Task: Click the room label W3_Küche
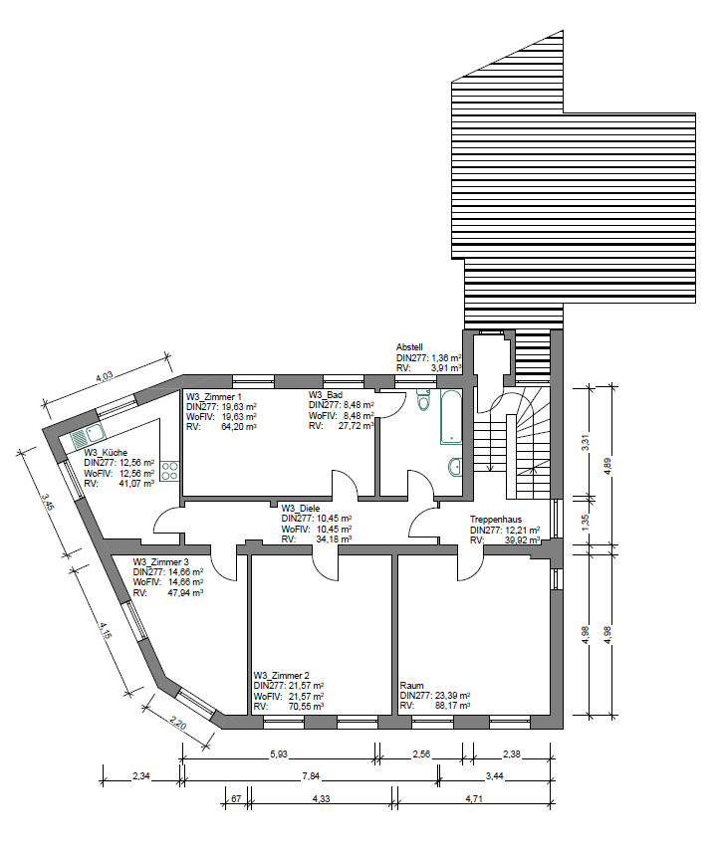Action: pos(106,453)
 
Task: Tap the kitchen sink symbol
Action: pos(88,437)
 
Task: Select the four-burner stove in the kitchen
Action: pos(169,471)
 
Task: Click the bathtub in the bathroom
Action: pos(451,417)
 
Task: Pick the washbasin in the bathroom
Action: pos(455,467)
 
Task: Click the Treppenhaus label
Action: pos(496,520)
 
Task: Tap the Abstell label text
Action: pos(409,347)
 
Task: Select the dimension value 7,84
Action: pos(311,776)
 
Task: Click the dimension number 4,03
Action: pos(105,377)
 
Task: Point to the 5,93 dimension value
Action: pos(278,754)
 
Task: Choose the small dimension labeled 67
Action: pos(236,799)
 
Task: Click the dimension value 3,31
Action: pos(586,443)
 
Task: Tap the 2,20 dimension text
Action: pos(179,724)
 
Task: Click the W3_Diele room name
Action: pos(300,509)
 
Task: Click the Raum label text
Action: pos(411,685)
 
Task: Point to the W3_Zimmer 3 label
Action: pos(160,562)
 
